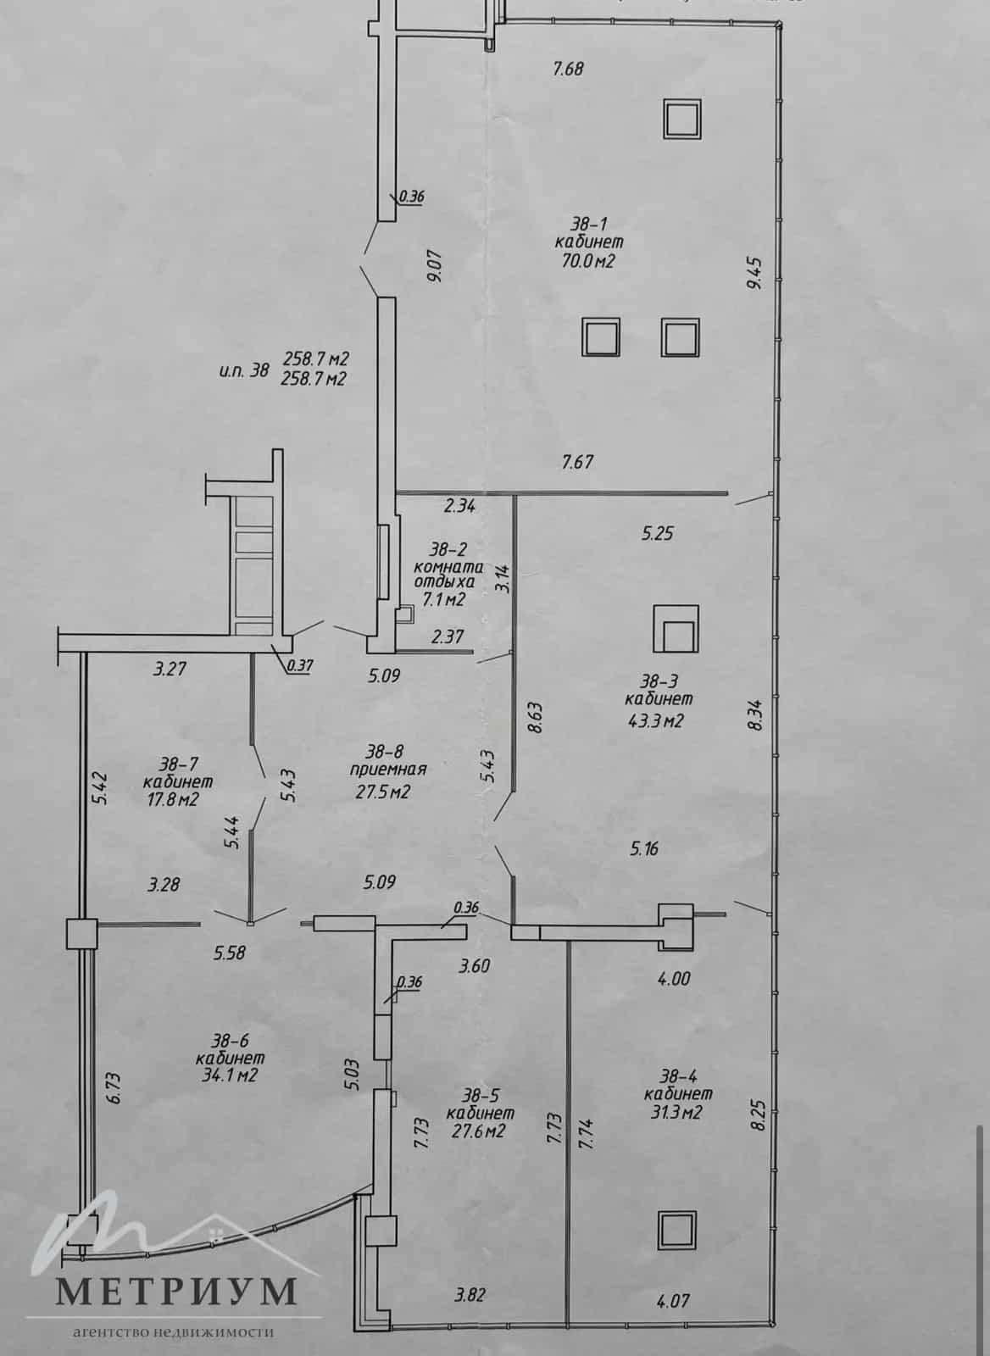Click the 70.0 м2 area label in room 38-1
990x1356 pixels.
588,261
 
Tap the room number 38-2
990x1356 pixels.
449,549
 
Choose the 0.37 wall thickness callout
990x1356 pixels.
300,666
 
